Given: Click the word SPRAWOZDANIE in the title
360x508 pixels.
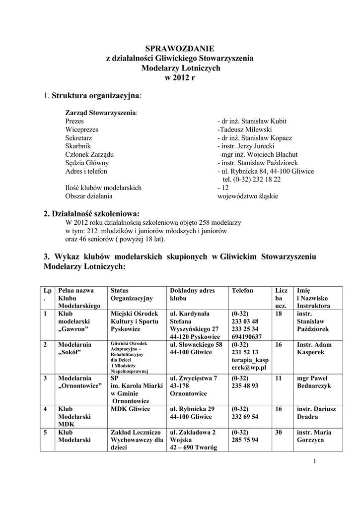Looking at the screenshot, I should click(x=180, y=49).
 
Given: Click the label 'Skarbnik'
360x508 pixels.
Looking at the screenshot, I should click(x=77, y=146).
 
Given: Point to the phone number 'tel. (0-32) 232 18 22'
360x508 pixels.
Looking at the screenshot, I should click(x=252, y=179).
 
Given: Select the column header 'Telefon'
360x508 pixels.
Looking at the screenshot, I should click(x=242, y=291).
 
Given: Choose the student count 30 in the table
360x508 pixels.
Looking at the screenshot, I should click(x=279, y=432).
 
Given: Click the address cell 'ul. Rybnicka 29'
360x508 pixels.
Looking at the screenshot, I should click(x=192, y=408).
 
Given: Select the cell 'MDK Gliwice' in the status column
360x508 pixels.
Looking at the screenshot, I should click(x=130, y=408).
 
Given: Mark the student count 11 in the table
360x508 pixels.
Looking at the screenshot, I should click(x=279, y=378).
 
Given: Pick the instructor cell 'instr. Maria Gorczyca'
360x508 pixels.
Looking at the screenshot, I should click(x=315, y=436).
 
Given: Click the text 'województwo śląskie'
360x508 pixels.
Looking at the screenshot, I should click(x=248, y=196).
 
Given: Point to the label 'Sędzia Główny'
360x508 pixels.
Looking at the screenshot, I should click(x=87, y=163).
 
